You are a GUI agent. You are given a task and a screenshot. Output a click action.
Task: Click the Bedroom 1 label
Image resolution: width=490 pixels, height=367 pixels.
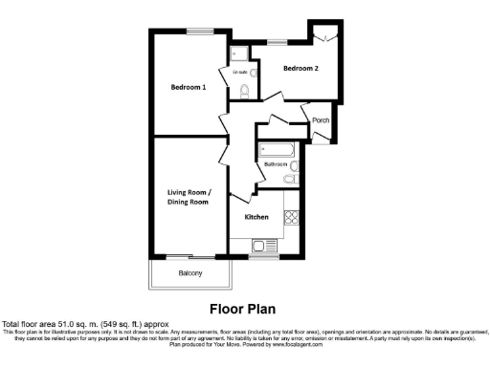coord(189,87)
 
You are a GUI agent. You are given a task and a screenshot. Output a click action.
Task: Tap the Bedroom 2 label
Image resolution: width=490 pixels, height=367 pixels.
coord(301,69)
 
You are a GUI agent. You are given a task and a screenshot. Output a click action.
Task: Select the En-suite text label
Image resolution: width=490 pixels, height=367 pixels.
coord(239,72)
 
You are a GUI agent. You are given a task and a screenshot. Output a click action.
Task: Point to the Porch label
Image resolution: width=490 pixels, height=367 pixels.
coord(321,120)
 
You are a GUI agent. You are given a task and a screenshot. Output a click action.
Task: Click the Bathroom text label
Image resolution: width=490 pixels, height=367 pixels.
coord(277,163)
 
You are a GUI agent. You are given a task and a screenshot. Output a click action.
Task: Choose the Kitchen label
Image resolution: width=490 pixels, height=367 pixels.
coord(256,217)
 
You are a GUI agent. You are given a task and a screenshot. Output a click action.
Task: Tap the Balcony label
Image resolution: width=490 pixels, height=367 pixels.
coord(191,274)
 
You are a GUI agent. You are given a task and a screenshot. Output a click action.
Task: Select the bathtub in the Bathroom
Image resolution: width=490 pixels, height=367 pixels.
coord(278,149)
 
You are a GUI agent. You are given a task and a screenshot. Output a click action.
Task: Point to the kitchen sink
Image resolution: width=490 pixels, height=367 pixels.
coord(261,247)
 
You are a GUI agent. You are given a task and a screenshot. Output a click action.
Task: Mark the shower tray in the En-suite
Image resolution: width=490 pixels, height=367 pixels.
coord(237,52)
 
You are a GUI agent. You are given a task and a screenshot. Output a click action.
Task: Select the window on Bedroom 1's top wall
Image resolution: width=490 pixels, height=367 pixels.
coord(200,31)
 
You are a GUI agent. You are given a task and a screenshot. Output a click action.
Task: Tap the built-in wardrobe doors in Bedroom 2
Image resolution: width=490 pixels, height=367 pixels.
coord(325,35)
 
